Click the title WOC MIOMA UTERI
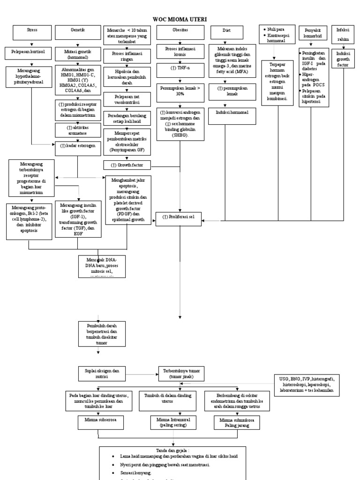[x=180, y=19]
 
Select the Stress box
[x=32, y=31]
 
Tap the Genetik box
[x=77, y=31]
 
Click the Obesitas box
[x=180, y=31]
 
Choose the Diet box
[x=227, y=31]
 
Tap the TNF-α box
[x=180, y=68]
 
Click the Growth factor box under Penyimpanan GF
[x=127, y=165]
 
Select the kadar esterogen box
[x=78, y=146]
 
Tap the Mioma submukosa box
[x=236, y=423]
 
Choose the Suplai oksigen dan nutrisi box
[x=102, y=374]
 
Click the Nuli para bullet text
[x=277, y=29]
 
